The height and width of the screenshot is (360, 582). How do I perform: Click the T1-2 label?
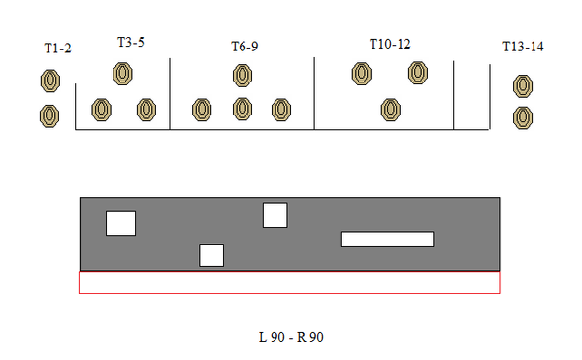[57, 49]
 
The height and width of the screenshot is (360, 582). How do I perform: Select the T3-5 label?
[131, 42]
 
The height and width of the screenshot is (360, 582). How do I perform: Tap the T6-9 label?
[244, 47]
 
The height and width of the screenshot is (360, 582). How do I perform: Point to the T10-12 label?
[390, 44]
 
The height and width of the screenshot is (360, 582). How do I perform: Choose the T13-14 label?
[523, 47]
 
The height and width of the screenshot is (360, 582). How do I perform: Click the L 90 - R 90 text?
[291, 337]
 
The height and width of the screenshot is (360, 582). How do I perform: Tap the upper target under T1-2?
[50, 81]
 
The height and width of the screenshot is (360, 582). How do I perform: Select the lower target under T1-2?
[49, 116]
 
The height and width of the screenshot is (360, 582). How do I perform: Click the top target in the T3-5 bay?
[122, 74]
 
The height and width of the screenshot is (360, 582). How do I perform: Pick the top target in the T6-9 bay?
[242, 76]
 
